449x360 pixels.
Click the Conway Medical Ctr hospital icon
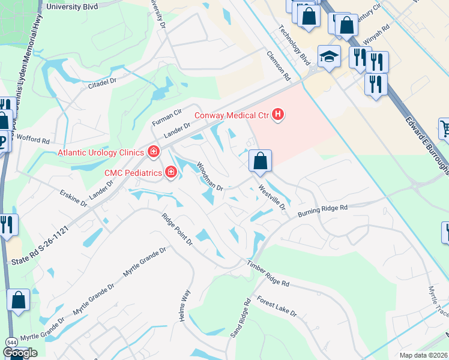tap(277, 113)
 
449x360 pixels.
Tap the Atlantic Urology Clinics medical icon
tap(154, 151)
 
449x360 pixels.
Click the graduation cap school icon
tap(328, 57)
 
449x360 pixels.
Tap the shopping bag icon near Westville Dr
tap(261, 161)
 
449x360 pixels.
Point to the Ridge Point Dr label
tap(176, 229)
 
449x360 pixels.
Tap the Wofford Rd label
tap(34, 140)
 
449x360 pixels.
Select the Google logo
tap(20, 353)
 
